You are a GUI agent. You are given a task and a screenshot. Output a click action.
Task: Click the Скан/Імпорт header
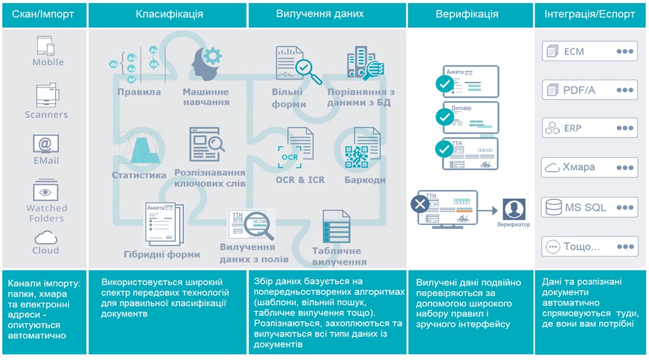coord(44,14)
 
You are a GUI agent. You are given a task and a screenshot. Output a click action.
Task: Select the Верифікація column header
coord(467,14)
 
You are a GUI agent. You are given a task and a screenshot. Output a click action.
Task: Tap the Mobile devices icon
coord(46,45)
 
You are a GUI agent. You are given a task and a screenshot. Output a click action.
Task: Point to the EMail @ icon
coord(46,144)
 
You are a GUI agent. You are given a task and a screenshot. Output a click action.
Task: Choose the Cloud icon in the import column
coord(46,238)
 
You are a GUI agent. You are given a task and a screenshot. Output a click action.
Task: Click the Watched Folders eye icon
coord(46,192)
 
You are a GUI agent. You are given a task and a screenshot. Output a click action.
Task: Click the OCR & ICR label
coord(300,179)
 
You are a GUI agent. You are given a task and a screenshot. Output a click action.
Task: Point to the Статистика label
coord(139,175)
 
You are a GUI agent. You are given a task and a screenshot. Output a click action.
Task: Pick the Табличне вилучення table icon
coord(336,226)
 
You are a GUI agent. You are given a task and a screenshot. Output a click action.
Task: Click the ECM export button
coord(589,51)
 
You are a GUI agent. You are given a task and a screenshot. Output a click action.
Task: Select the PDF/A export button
coord(589,90)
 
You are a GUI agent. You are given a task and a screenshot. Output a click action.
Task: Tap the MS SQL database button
coord(589,208)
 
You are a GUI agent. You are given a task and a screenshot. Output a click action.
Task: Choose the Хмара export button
coord(589,167)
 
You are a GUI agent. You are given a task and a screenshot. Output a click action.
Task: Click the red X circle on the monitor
coord(421,204)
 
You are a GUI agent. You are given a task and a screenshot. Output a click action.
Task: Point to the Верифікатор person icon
coord(514,210)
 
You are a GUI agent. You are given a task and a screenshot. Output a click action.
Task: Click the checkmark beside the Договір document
coord(444,117)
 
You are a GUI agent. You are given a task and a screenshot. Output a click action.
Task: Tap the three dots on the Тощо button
coord(625,247)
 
